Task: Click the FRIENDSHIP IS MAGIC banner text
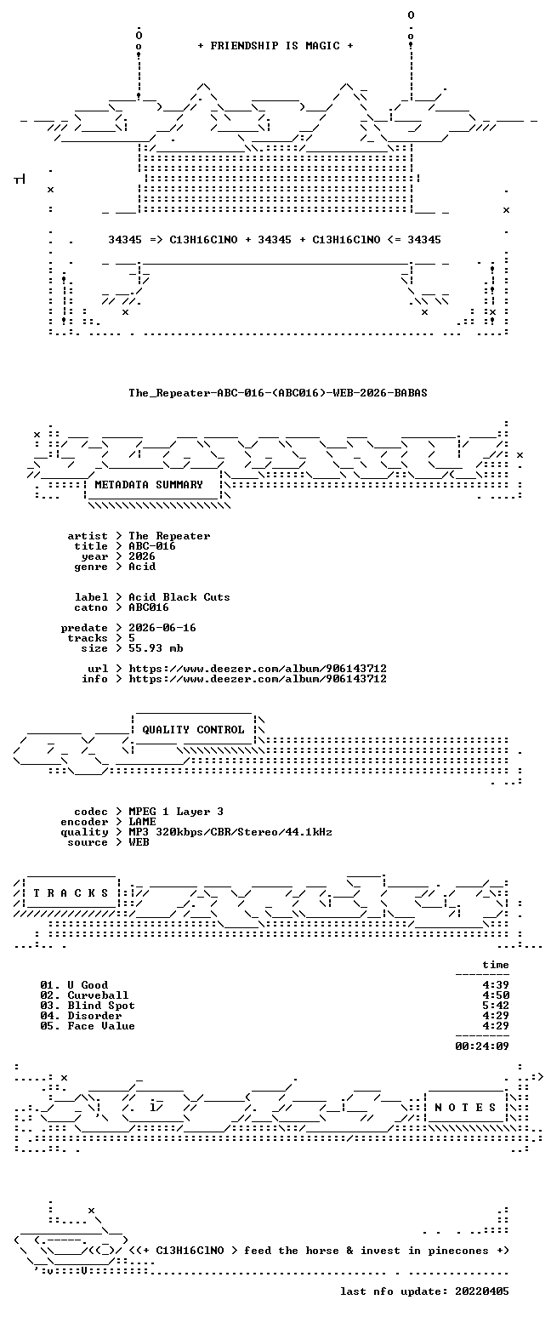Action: (275, 46)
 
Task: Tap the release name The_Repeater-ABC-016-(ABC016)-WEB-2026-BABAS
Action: (278, 393)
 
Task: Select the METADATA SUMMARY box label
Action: (149, 484)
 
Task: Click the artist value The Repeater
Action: (169, 536)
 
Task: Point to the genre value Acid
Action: (142, 567)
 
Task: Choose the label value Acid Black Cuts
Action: (179, 596)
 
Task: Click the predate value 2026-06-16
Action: (162, 627)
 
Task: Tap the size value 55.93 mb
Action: (156, 648)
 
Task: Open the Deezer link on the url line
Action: (258, 669)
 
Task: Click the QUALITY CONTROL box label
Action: (193, 730)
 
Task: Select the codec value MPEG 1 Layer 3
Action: (176, 812)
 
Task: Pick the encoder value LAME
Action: (142, 821)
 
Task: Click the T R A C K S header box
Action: (71, 893)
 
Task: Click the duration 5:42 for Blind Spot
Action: (496, 1006)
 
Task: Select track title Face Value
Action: (101, 1025)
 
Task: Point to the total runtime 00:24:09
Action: (481, 1046)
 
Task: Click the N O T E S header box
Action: (465, 1108)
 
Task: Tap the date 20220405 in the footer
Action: (481, 1291)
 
